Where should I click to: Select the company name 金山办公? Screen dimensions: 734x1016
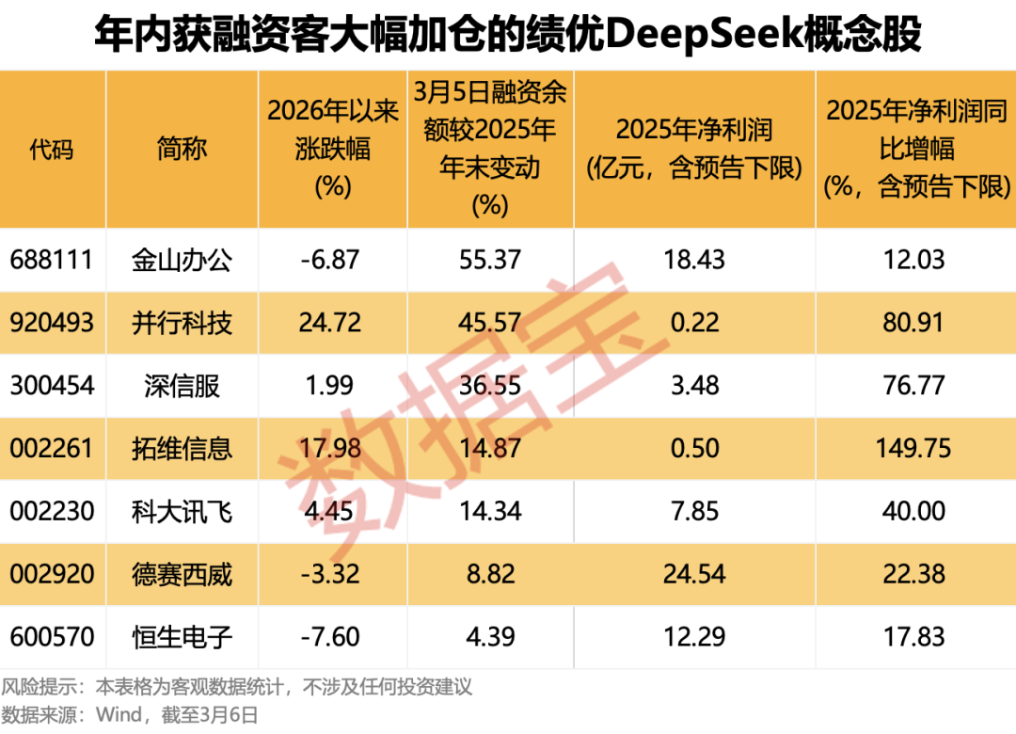tap(182, 260)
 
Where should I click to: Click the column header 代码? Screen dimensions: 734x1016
tap(52, 149)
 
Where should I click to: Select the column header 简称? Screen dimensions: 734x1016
tap(182, 149)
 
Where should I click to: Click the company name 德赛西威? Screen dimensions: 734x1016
tap(182, 574)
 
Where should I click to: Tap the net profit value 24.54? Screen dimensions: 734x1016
tap(694, 574)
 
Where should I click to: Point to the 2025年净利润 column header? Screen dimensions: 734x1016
tap(694, 149)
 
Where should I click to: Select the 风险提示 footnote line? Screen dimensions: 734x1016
tap(236, 687)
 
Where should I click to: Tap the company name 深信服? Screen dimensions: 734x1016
tap(182, 385)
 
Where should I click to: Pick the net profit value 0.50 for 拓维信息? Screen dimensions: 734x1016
tap(694, 448)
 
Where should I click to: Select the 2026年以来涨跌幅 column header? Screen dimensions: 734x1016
tap(332, 149)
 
